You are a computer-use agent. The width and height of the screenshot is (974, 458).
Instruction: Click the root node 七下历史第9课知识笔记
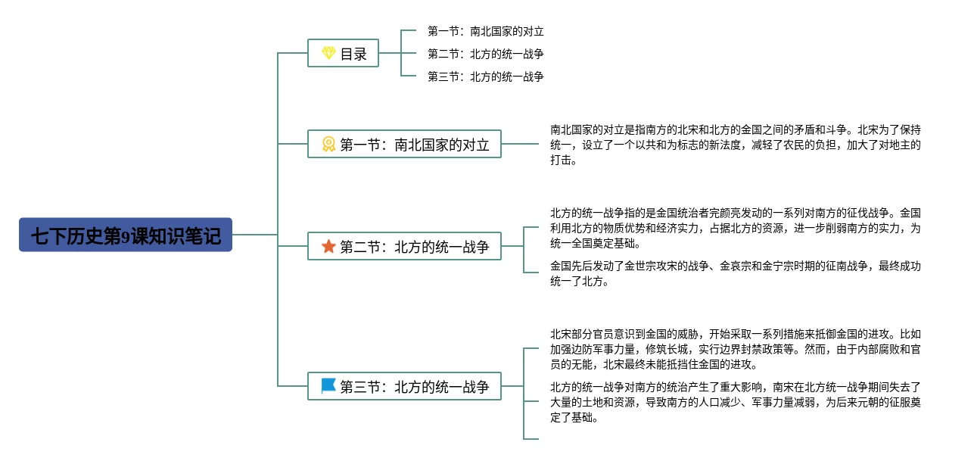[x=126, y=235]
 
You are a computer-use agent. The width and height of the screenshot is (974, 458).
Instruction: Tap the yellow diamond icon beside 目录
[x=328, y=53]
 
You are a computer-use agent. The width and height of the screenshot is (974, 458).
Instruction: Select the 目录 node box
[x=343, y=53]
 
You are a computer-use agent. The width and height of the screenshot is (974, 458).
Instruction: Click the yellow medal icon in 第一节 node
[x=328, y=144]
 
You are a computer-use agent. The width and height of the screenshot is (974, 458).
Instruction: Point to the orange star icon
[x=328, y=247]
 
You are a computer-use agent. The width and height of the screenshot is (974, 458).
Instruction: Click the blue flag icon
[x=328, y=386]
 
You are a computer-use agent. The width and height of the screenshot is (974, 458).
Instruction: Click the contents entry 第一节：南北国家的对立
[x=485, y=32]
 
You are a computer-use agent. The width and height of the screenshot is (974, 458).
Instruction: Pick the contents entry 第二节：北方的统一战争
[x=485, y=54]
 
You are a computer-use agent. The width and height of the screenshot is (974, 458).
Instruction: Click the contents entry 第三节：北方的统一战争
[x=485, y=76]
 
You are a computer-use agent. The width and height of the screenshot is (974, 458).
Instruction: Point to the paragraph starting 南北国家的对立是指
[x=735, y=145]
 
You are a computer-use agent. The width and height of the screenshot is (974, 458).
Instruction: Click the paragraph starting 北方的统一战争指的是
[x=735, y=229]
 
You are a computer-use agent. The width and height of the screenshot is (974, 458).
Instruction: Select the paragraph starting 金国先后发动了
[x=735, y=274]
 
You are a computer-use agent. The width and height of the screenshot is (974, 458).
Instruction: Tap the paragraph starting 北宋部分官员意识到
[x=735, y=349]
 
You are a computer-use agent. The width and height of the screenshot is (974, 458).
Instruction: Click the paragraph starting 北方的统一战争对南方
[x=735, y=403]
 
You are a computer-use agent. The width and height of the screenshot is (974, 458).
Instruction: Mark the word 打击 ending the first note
[x=563, y=160]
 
